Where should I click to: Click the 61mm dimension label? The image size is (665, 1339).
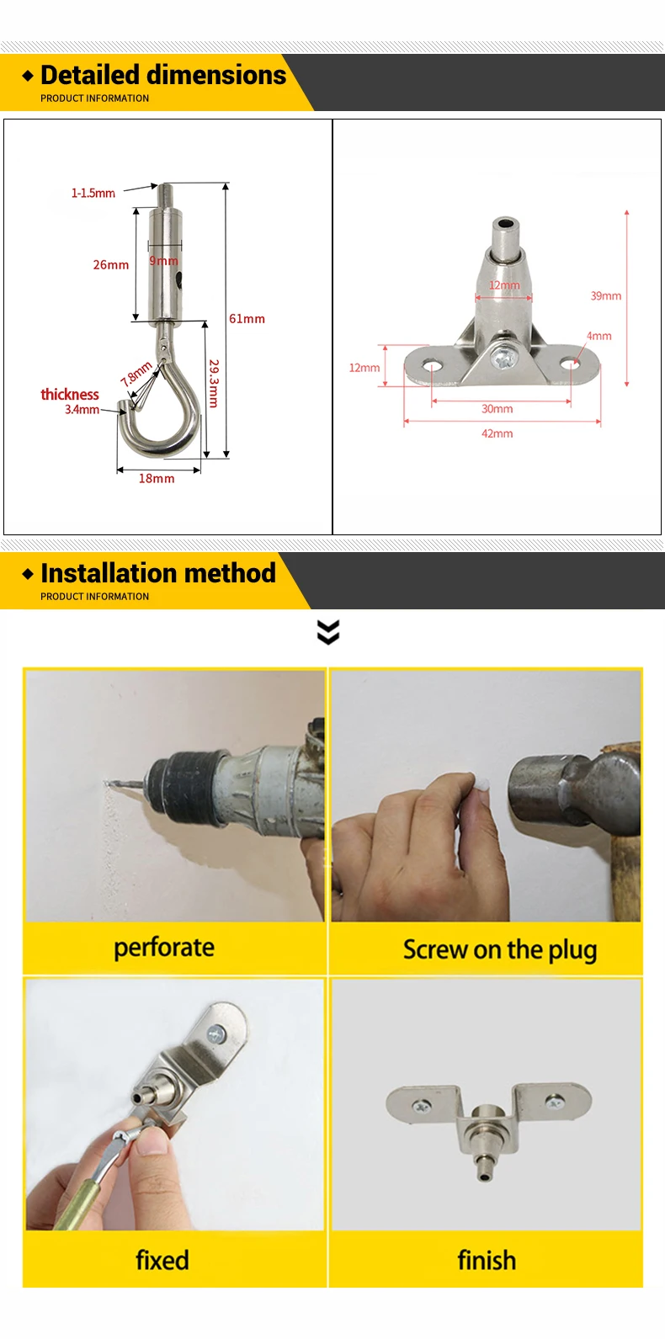247,319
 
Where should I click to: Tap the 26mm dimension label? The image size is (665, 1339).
110,264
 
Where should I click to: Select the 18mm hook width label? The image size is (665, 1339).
157,478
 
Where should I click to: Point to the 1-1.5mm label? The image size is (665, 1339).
93,193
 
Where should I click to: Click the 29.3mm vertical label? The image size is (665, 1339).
214,383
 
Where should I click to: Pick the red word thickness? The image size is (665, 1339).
70,395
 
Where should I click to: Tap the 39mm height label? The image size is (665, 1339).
606,296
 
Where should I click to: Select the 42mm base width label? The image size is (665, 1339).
497,433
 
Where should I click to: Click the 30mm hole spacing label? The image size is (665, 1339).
497,409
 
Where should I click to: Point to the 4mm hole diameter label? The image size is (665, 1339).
598,336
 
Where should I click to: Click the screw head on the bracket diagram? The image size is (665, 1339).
500,359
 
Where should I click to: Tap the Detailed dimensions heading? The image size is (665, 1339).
163,75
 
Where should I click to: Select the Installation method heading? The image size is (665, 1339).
158,572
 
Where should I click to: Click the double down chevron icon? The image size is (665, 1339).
328,632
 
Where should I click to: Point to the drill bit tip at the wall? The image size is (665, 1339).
106,782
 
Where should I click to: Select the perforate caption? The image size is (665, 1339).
164,948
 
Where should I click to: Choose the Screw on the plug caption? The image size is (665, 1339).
500,950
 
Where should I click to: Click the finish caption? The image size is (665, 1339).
487,1260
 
